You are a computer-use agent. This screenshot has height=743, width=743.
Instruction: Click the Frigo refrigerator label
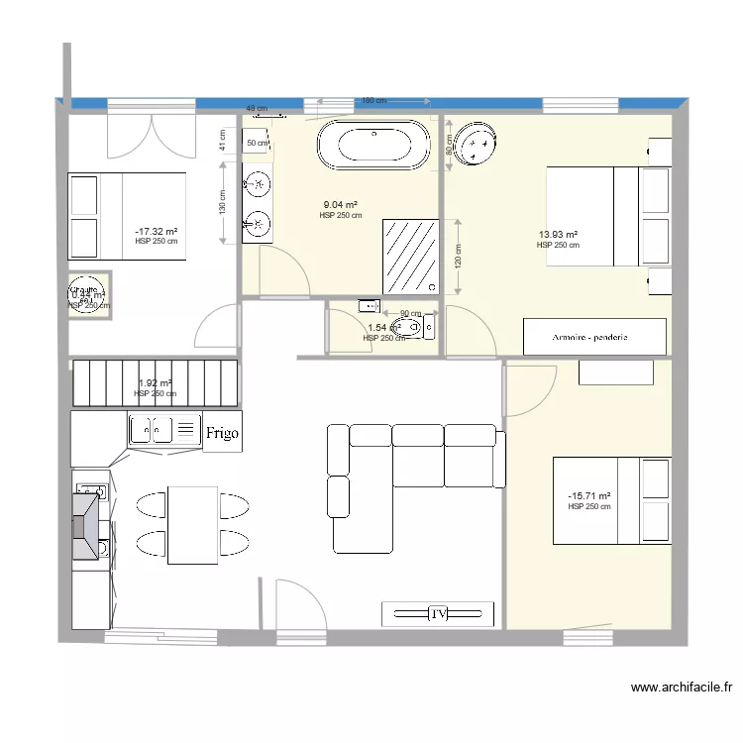click(221, 433)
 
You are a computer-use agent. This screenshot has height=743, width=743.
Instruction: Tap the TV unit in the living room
click(437, 614)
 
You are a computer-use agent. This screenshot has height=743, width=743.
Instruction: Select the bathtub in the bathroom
click(374, 145)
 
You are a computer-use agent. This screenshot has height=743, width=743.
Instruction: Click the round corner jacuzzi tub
click(479, 146)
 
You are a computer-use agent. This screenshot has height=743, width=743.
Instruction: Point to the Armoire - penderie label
click(591, 338)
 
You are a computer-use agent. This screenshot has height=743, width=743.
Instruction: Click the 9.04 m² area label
click(340, 205)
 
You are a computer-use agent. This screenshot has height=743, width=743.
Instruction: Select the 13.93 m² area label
click(558, 235)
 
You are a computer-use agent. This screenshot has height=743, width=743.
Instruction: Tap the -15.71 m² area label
click(588, 496)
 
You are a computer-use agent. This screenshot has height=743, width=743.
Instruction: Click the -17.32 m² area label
click(156, 231)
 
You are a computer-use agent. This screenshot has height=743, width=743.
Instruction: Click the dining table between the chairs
click(192, 525)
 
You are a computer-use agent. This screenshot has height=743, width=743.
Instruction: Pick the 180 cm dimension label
click(372, 101)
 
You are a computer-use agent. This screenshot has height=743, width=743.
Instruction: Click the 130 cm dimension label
click(223, 203)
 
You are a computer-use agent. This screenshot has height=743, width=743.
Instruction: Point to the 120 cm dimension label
click(458, 257)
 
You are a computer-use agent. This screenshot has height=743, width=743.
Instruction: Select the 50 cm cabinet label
click(257, 144)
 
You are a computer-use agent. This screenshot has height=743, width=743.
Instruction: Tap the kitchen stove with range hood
click(87, 526)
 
